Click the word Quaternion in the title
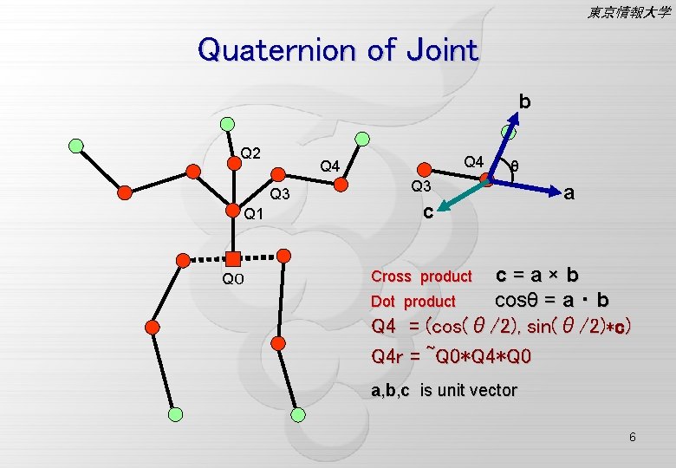[x=278, y=50]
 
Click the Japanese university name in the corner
[x=628, y=12]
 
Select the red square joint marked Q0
[x=233, y=257]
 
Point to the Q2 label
[x=251, y=153]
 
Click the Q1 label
[x=253, y=214]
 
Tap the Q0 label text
[x=233, y=279]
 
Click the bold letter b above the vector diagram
[x=525, y=101]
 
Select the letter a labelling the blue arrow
[x=569, y=193]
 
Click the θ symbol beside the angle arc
[x=515, y=166]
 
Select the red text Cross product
[x=421, y=277]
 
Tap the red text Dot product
[x=413, y=302]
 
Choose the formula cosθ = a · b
[x=551, y=300]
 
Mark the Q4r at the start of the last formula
[x=388, y=356]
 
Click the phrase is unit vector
[x=468, y=391]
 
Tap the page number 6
[x=633, y=437]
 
